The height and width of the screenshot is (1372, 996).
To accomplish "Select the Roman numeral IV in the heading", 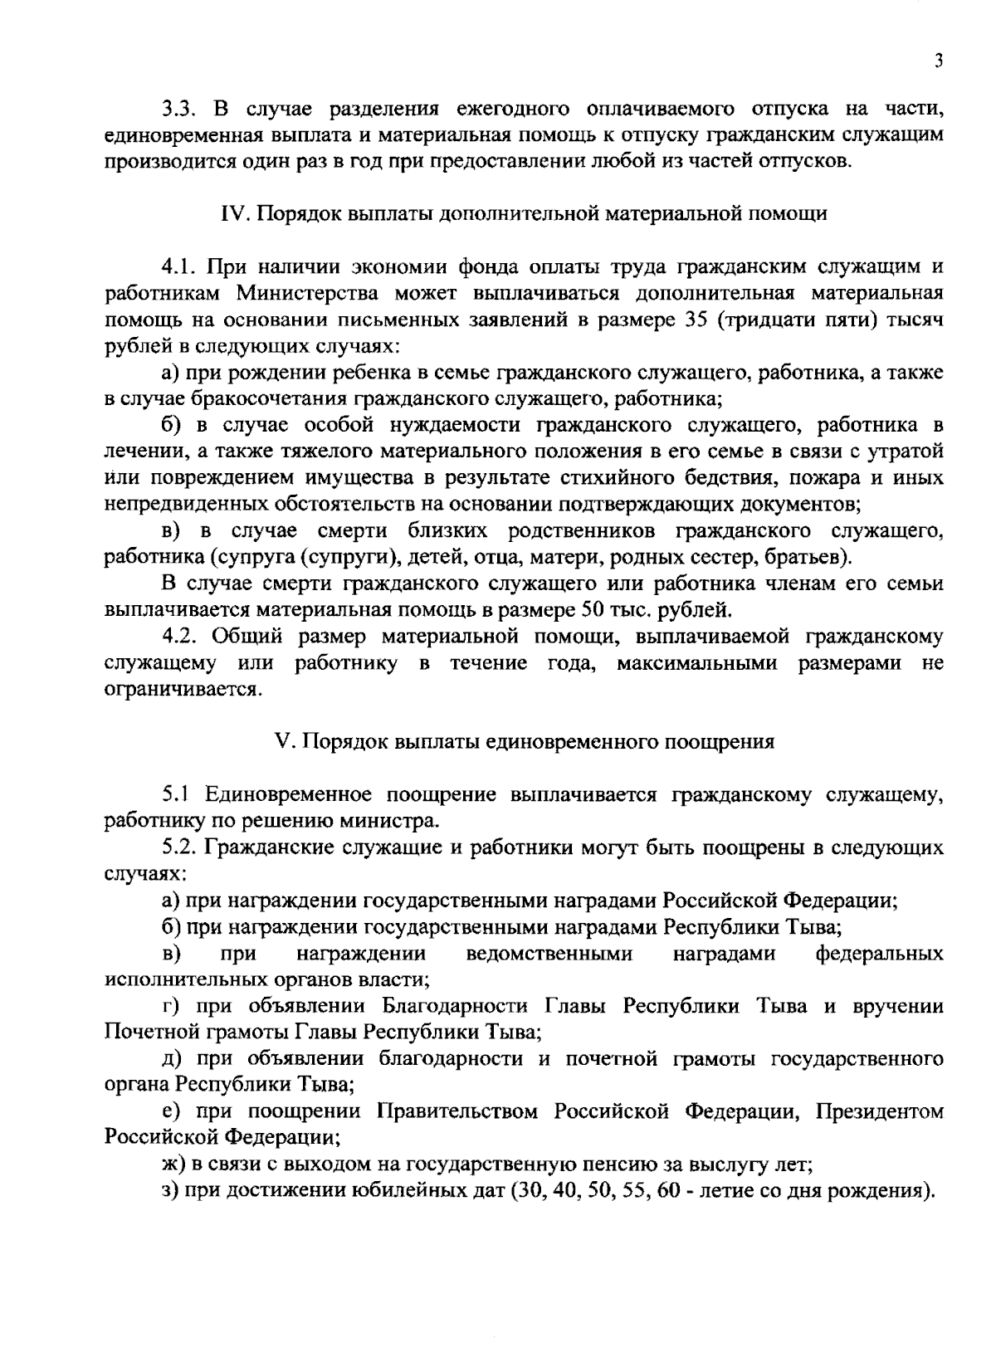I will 232,214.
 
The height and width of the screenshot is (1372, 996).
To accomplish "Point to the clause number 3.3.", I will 178,109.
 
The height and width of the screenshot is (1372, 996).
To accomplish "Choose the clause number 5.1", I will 178,795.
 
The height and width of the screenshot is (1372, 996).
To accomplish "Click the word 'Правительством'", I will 456,1112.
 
